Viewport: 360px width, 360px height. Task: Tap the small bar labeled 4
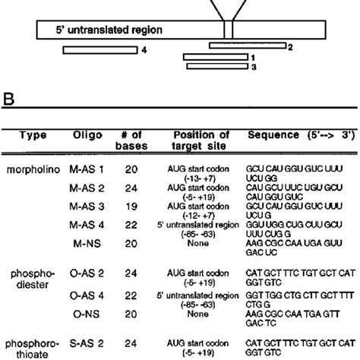click(x=95, y=50)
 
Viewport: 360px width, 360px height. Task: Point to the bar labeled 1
click(x=215, y=56)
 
